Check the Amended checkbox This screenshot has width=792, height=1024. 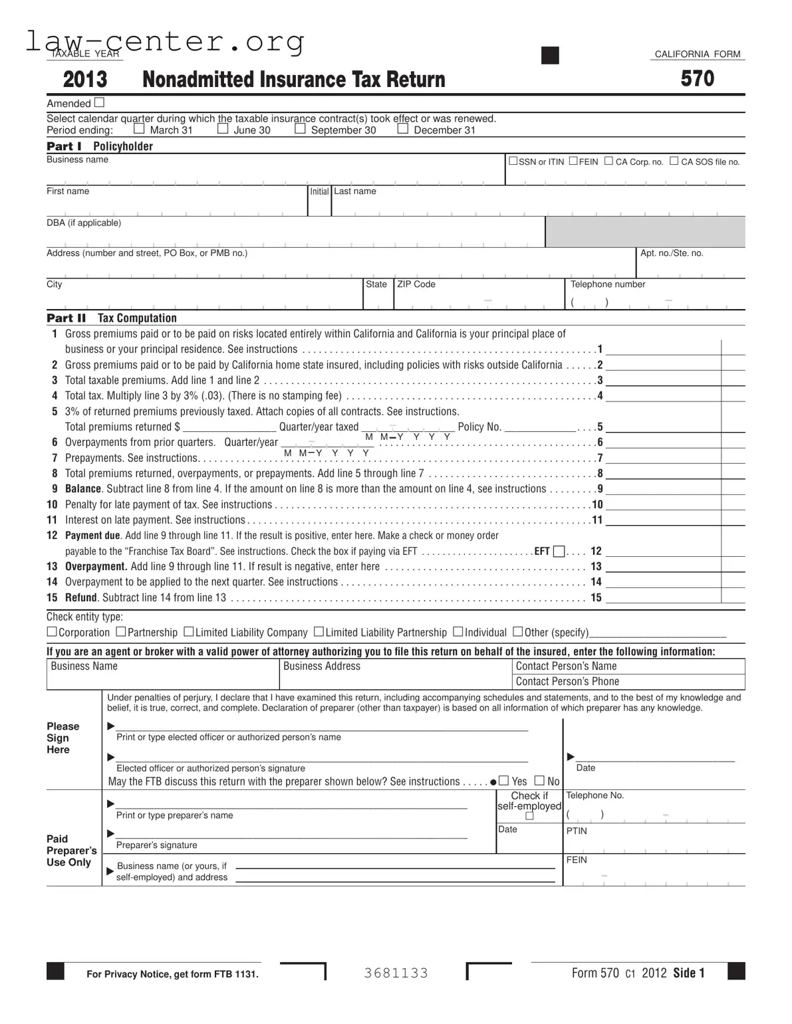[x=99, y=102]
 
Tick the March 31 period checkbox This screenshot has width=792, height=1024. [x=139, y=129]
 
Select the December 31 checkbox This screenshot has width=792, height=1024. [x=402, y=129]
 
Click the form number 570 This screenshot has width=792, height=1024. [x=697, y=79]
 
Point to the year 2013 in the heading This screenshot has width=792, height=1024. [x=84, y=80]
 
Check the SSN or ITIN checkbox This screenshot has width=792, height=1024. [x=513, y=161]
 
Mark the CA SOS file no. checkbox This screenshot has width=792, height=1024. [x=674, y=161]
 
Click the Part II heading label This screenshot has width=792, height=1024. [x=66, y=318]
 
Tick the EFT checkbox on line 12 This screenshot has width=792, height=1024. [x=559, y=551]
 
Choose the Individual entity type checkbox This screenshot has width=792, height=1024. [x=458, y=631]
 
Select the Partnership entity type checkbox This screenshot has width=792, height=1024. [x=121, y=631]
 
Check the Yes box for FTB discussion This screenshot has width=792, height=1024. [x=504, y=780]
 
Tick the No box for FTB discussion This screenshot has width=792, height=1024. [x=539, y=780]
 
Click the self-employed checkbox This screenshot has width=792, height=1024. [x=529, y=816]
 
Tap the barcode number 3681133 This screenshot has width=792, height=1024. [x=396, y=973]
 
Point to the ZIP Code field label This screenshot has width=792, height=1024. [x=416, y=284]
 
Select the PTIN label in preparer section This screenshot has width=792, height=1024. [x=576, y=831]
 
